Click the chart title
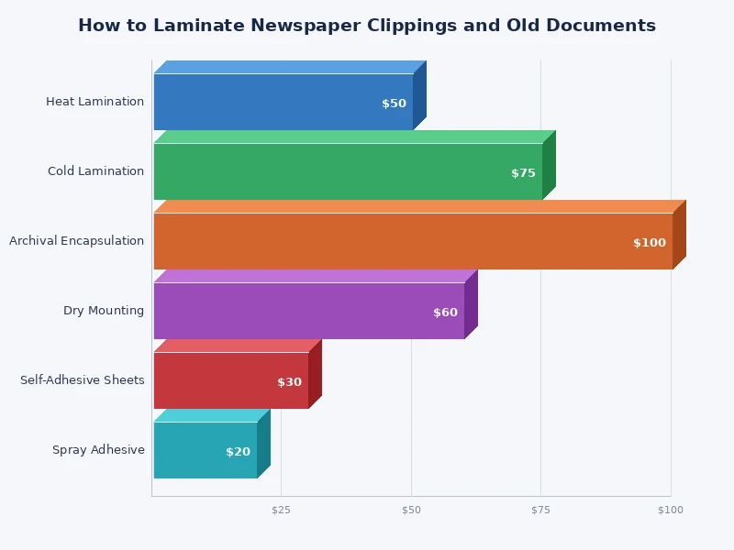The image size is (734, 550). pyautogui.click(x=367, y=26)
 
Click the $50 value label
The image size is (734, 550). pyautogui.click(x=394, y=104)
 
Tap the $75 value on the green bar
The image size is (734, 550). pyautogui.click(x=523, y=173)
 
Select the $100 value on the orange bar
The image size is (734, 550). pyautogui.click(x=650, y=243)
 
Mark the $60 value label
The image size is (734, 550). pyautogui.click(x=445, y=313)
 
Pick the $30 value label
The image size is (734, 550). pyautogui.click(x=289, y=382)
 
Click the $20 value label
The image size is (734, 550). pyautogui.click(x=238, y=452)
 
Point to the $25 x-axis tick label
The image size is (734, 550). pyautogui.click(x=281, y=510)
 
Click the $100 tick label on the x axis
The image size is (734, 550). pyautogui.click(x=670, y=510)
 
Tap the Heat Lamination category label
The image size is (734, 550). pyautogui.click(x=95, y=102)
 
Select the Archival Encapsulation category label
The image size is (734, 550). pyautogui.click(x=76, y=241)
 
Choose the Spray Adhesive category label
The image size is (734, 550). pyautogui.click(x=98, y=450)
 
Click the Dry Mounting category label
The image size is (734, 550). pyautogui.click(x=104, y=311)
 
